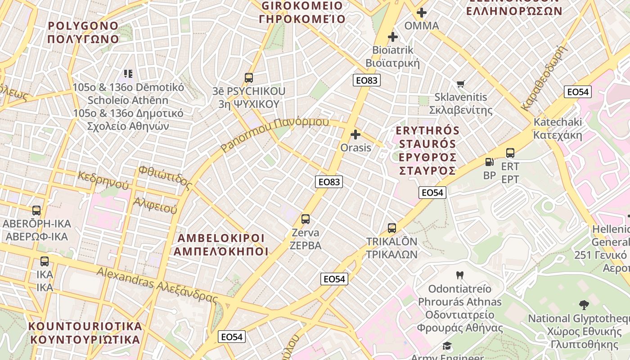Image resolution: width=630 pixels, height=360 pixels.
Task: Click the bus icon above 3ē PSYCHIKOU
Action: (249, 77)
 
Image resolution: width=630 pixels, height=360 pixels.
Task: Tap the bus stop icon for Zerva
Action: (306, 219)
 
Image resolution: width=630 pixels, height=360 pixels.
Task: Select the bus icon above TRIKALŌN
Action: (392, 228)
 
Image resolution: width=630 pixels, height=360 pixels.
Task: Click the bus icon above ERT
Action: (510, 153)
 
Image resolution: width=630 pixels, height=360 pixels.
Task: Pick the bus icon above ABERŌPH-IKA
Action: (36, 210)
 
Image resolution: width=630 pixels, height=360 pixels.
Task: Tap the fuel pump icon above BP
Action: (490, 162)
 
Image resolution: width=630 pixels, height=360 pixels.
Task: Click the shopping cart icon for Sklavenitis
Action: (460, 84)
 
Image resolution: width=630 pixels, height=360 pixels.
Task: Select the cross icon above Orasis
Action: (355, 134)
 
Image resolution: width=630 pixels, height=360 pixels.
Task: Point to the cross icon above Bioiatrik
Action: (393, 36)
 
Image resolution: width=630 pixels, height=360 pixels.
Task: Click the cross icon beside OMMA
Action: (422, 13)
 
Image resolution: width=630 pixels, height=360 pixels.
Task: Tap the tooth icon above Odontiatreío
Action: (459, 275)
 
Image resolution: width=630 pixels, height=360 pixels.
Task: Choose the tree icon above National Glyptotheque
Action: (584, 305)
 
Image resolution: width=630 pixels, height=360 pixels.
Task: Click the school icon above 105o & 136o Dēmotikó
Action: (128, 73)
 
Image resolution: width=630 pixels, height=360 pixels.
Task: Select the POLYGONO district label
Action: (83, 32)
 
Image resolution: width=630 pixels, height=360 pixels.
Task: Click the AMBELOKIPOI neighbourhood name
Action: (221, 244)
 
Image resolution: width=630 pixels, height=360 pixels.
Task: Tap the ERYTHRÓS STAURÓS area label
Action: (427, 151)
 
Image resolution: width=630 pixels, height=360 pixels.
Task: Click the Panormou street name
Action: (275, 134)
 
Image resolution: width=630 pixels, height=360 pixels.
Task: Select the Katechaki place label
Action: (558, 128)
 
